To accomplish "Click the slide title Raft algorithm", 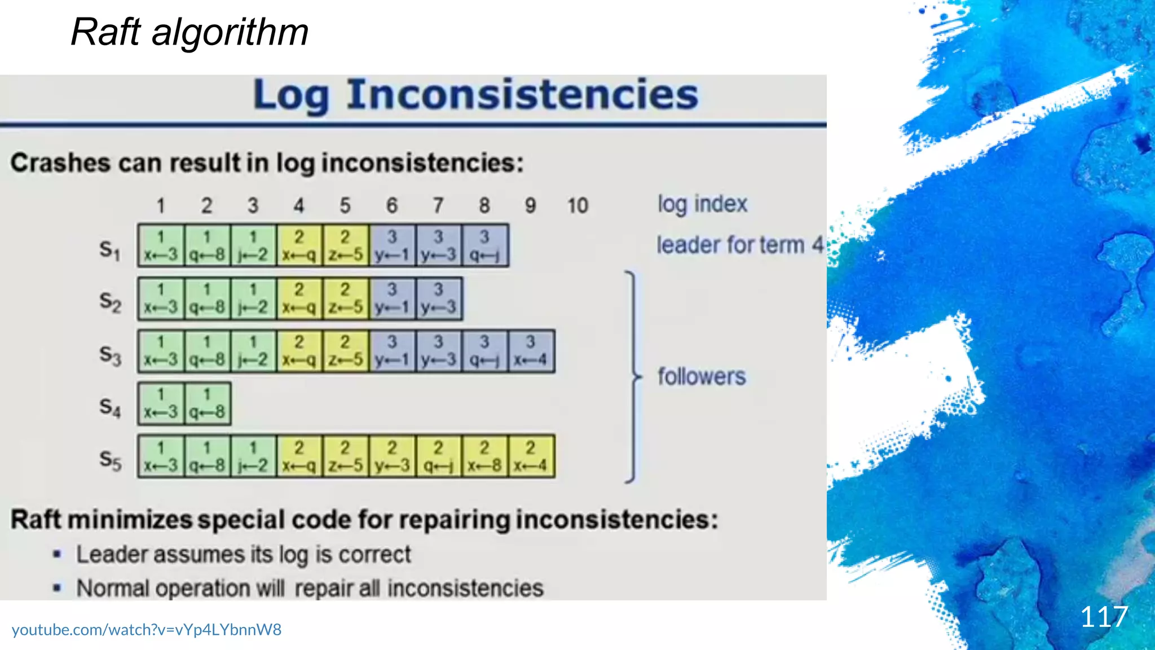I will pyautogui.click(x=189, y=32).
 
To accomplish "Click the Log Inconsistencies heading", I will pyautogui.click(x=475, y=95).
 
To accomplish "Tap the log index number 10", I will pyautogui.click(x=577, y=206).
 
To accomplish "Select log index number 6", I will pyautogui.click(x=391, y=206).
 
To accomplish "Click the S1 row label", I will pyautogui.click(x=109, y=249).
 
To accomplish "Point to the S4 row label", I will pyautogui.click(x=109, y=407).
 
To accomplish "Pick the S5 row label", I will pyautogui.click(x=109, y=459).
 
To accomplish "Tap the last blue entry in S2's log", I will pyautogui.click(x=438, y=298).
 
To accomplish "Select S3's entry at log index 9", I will pyautogui.click(x=531, y=351).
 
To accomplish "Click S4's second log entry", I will pyautogui.click(x=207, y=403).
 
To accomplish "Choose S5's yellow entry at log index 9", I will pyautogui.click(x=531, y=456).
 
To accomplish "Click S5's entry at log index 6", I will pyautogui.click(x=392, y=456).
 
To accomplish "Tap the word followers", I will pyautogui.click(x=702, y=376).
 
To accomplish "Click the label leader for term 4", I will pyautogui.click(x=739, y=245).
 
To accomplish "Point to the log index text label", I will pyautogui.click(x=702, y=204).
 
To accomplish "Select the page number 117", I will pyautogui.click(x=1104, y=617).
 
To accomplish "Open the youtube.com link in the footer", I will pyautogui.click(x=147, y=630).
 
